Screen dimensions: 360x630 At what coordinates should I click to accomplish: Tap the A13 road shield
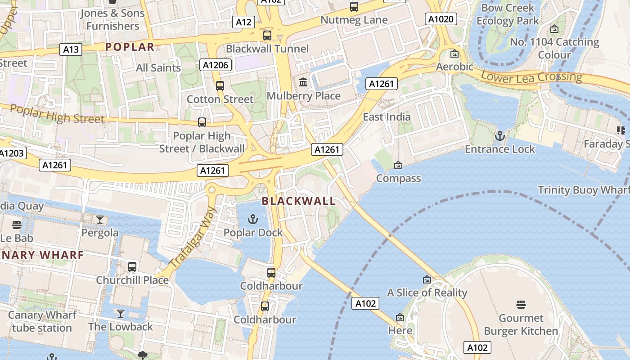(x=71, y=49)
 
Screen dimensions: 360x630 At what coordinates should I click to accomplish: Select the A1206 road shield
(x=216, y=65)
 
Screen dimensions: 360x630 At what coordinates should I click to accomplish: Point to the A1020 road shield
(x=441, y=19)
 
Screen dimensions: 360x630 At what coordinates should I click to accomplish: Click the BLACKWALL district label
(x=299, y=201)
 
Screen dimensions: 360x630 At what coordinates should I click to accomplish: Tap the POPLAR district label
(x=130, y=47)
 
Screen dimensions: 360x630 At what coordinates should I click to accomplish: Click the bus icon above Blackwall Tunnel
(x=267, y=35)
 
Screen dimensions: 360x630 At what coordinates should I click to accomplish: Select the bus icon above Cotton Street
(x=220, y=85)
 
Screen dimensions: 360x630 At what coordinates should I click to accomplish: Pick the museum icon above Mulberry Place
(x=303, y=82)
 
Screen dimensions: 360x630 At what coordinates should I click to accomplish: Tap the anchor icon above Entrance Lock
(x=499, y=135)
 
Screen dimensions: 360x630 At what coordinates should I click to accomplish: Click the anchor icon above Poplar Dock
(x=253, y=219)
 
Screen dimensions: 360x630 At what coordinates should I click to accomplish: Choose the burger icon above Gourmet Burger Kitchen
(x=521, y=305)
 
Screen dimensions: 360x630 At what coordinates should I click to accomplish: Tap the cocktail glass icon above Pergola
(x=100, y=220)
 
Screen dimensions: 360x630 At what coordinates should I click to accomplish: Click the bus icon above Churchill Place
(x=132, y=266)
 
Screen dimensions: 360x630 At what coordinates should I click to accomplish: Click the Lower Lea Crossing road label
(x=531, y=77)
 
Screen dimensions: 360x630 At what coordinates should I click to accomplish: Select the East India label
(x=387, y=117)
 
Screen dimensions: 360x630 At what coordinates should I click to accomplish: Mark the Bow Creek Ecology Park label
(x=508, y=14)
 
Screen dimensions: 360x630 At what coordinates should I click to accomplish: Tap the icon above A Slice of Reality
(x=427, y=279)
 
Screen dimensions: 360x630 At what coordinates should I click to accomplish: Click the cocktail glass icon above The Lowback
(x=121, y=313)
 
